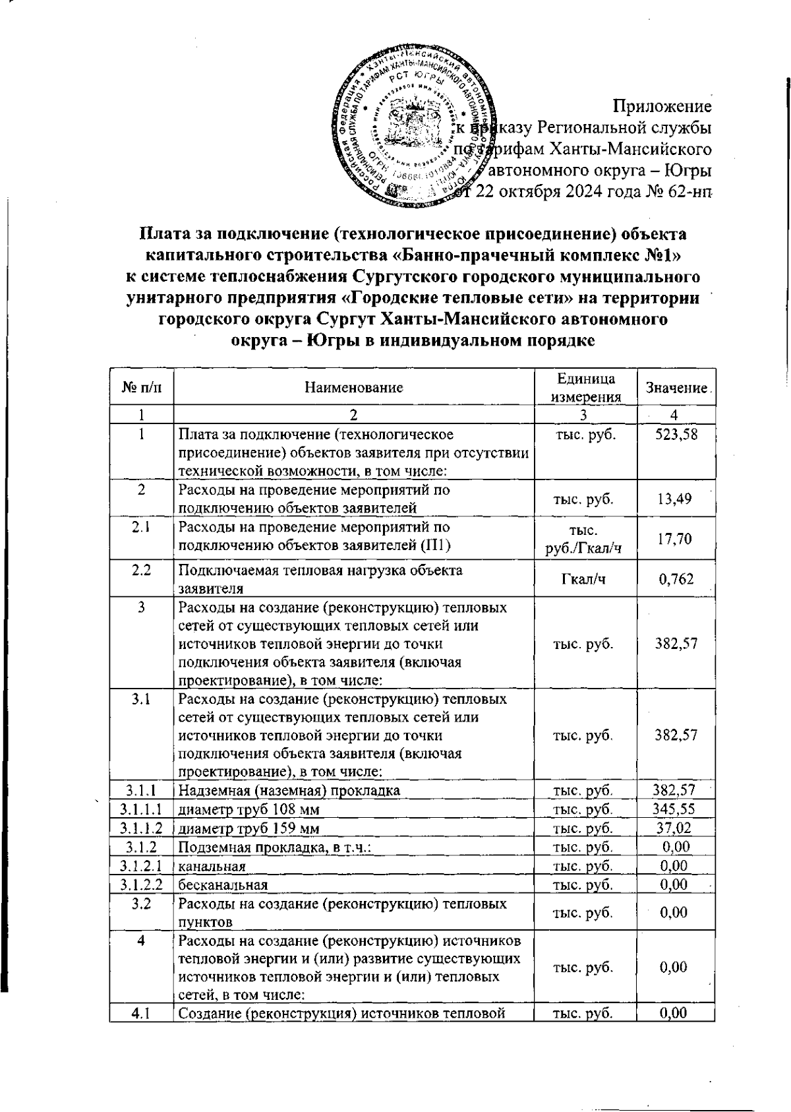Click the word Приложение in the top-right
(662, 106)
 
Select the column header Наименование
(353, 388)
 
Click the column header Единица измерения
(585, 388)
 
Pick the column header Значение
(675, 388)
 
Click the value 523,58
(674, 434)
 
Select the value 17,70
(674, 539)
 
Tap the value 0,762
(674, 579)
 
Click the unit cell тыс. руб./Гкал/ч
(585, 539)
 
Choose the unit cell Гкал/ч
(585, 579)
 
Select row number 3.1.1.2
(142, 828)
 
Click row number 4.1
(142, 1013)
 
